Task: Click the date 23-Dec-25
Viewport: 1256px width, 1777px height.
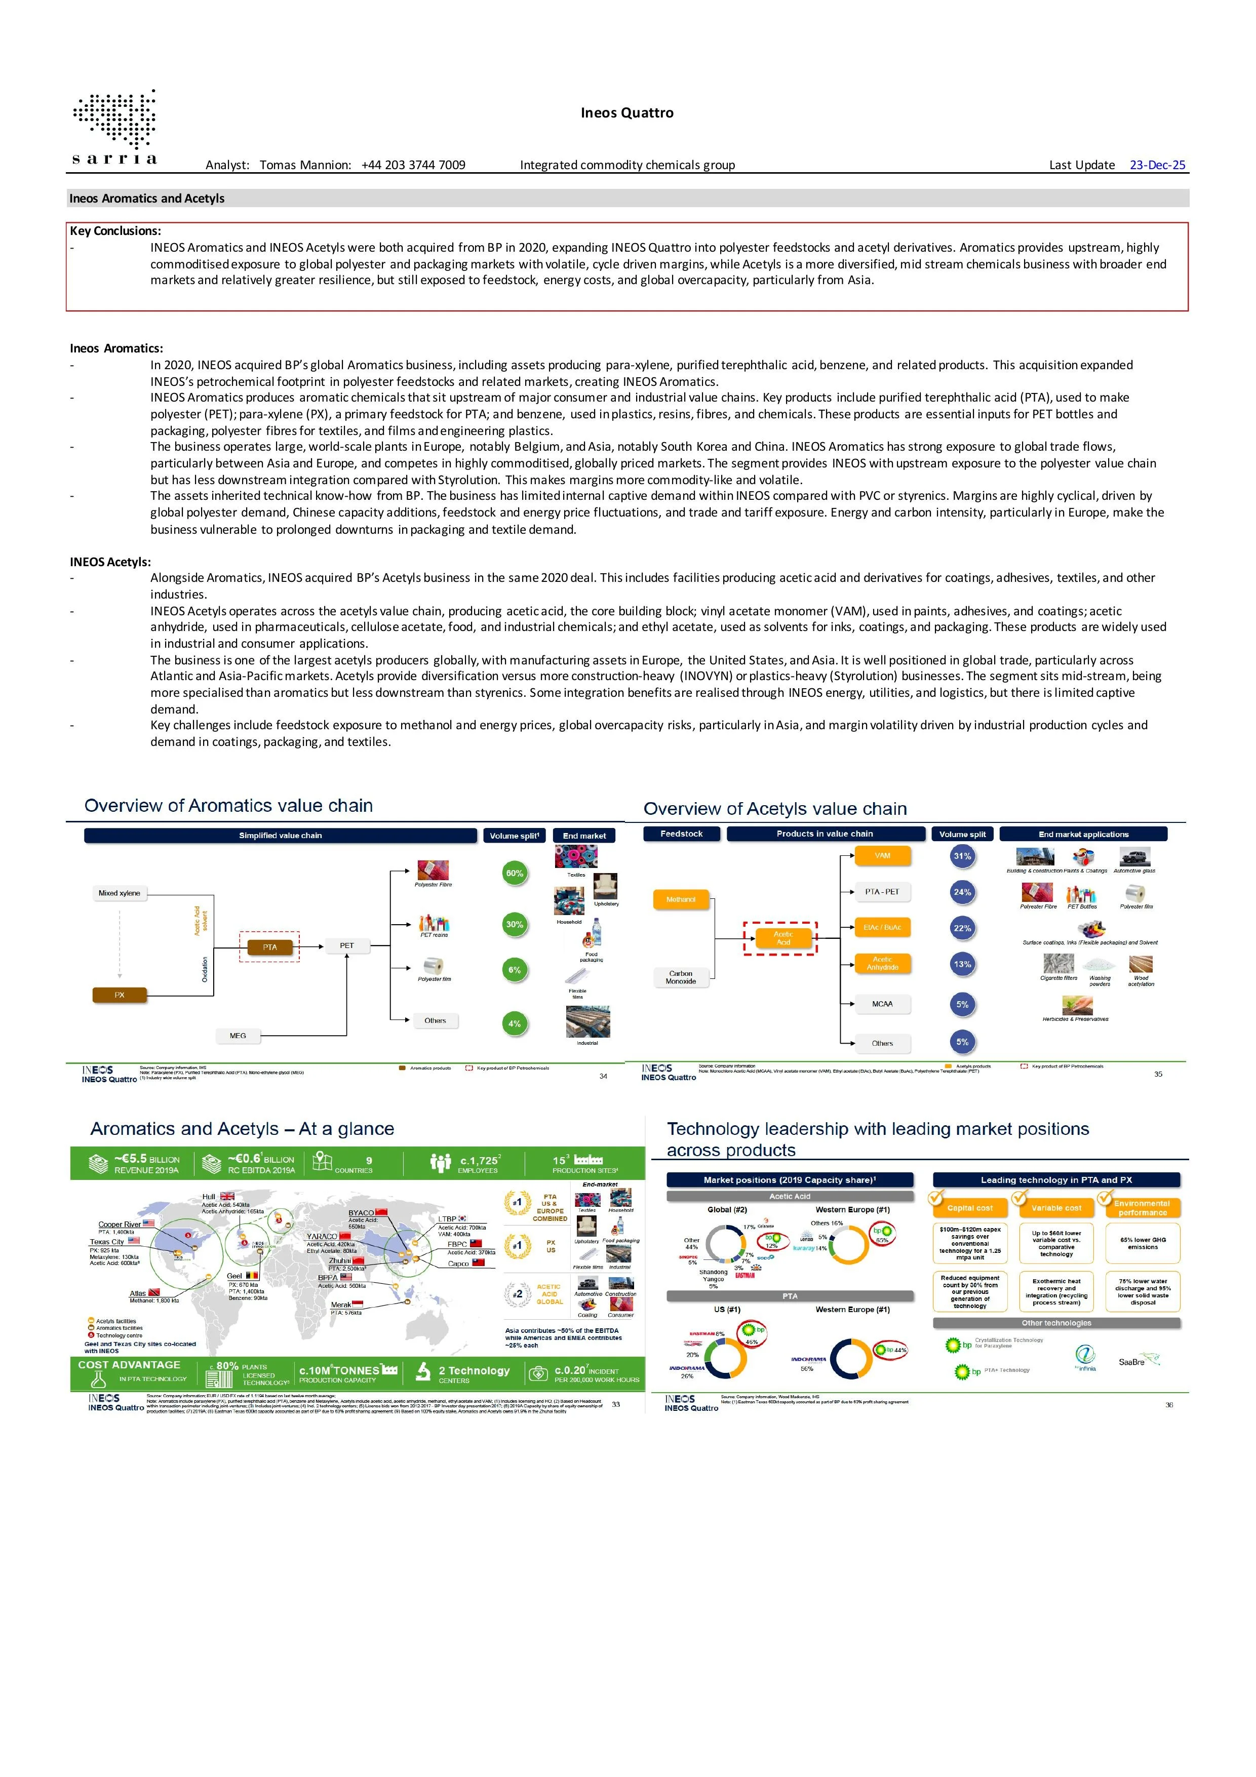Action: tap(1157, 165)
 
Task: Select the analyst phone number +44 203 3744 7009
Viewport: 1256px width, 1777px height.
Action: tap(413, 165)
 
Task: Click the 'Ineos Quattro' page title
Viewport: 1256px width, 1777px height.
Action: tap(627, 113)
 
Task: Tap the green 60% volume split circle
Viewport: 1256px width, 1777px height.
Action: tap(515, 873)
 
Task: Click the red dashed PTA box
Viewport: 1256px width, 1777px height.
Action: tap(269, 946)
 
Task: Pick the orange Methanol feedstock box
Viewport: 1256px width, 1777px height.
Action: tap(681, 899)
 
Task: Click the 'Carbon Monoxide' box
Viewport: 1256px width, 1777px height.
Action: tap(681, 977)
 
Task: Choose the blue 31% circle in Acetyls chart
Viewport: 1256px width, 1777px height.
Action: tap(962, 856)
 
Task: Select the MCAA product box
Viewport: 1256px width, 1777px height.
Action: tap(882, 1004)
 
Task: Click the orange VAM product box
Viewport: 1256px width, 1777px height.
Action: tap(882, 855)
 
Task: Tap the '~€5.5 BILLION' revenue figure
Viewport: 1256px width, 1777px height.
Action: tap(147, 1159)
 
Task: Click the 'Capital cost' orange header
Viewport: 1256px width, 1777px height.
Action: tap(970, 1208)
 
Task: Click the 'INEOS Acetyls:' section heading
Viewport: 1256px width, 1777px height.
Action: tap(111, 562)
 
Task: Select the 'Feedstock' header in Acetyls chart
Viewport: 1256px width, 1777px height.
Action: tap(681, 834)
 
